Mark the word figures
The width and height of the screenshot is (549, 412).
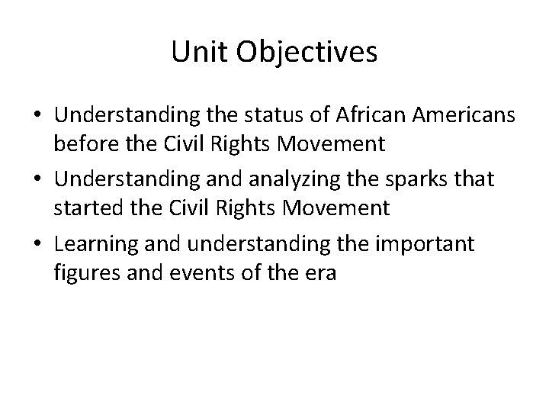[82, 271]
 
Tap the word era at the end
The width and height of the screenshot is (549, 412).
[320, 271]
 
